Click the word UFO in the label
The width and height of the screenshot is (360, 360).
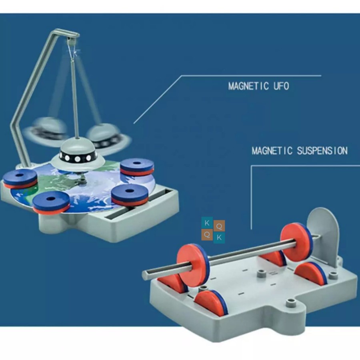click(280, 86)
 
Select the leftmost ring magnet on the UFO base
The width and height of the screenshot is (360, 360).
click(20, 178)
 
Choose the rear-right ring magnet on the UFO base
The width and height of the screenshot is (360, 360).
click(137, 166)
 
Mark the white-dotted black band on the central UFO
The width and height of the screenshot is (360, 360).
click(78, 154)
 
